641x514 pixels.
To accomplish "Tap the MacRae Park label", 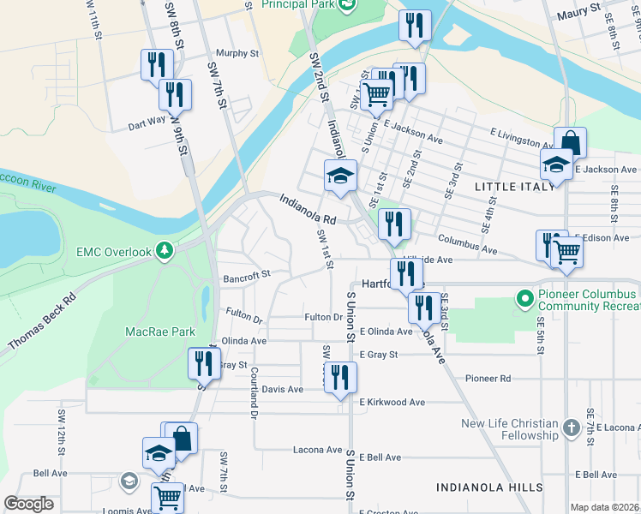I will pyautogui.click(x=160, y=332).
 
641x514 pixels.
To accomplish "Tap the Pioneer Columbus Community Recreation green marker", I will pyautogui.click(x=525, y=298).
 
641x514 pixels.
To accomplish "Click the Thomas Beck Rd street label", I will pyautogui.click(x=42, y=323).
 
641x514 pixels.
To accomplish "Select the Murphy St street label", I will pyautogui.click(x=237, y=53).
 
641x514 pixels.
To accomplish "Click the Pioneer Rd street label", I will pyautogui.click(x=488, y=378).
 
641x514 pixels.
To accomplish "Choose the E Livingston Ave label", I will pyautogui.click(x=522, y=138).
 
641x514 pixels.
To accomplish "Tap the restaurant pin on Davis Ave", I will pyautogui.click(x=340, y=377).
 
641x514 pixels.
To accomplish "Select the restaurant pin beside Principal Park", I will pyautogui.click(x=415, y=26).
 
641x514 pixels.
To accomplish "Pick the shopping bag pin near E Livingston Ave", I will pyautogui.click(x=570, y=141).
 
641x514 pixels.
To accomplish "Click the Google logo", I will pyautogui.click(x=29, y=504).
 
